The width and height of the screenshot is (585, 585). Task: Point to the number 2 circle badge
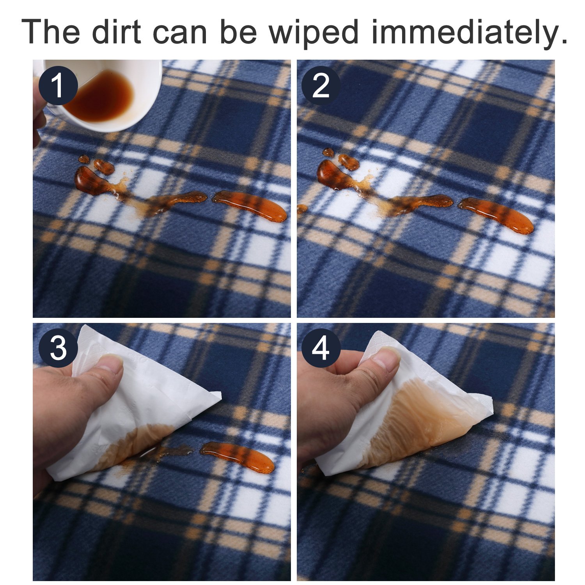321,86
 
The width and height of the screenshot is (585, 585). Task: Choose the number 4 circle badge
321,348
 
